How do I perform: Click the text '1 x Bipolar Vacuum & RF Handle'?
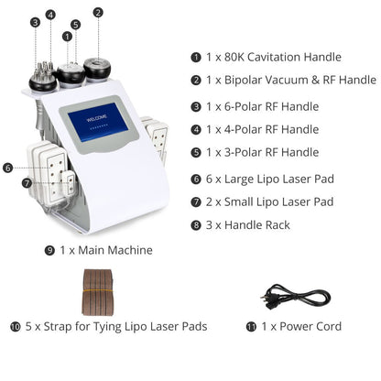click(284, 82)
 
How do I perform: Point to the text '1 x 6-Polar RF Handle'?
click(258, 106)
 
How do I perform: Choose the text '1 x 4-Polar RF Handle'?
click(258, 130)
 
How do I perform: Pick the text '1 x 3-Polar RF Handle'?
click(258, 153)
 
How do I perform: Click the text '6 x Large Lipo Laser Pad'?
click(267, 179)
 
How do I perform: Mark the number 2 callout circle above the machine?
click(98, 13)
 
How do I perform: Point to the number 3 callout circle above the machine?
click(35, 22)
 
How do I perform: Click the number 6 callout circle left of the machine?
click(7, 168)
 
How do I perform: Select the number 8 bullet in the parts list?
click(195, 224)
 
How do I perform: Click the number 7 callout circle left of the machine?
click(27, 182)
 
